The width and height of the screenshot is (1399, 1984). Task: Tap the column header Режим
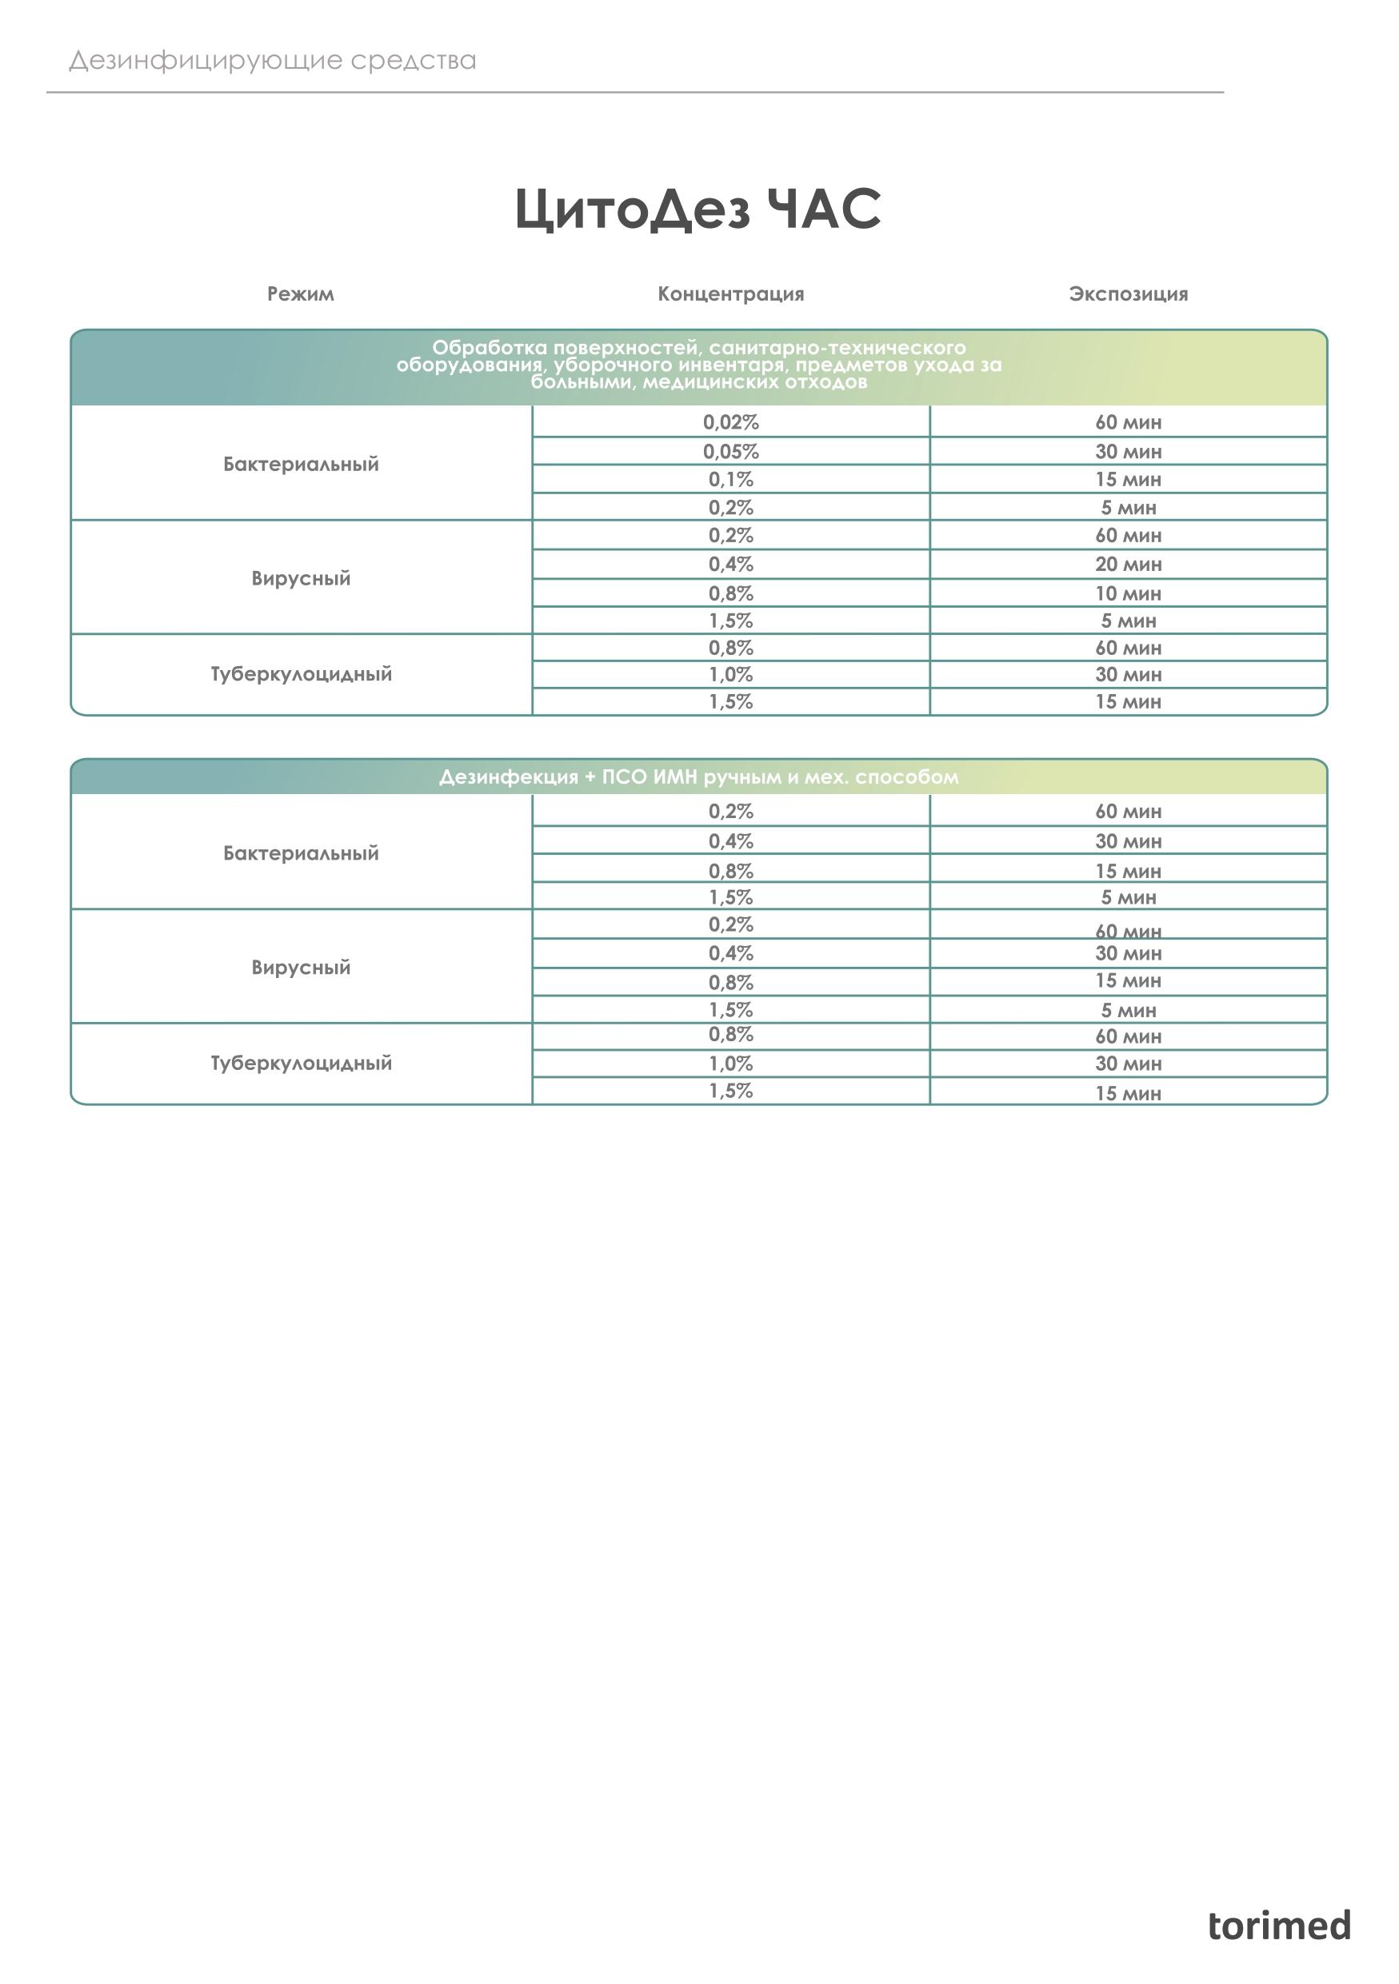click(300, 293)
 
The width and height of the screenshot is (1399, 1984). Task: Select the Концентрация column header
click(730, 293)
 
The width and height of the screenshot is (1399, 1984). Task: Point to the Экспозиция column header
click(1128, 293)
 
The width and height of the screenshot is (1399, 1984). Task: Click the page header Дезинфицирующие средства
click(272, 61)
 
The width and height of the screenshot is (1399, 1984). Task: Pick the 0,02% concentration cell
click(730, 422)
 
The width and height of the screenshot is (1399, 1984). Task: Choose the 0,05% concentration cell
click(730, 451)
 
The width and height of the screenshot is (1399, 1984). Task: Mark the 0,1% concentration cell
click(730, 479)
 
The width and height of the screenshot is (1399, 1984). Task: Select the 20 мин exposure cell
click(1128, 565)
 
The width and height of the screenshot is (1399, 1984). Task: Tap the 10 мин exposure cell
click(1128, 593)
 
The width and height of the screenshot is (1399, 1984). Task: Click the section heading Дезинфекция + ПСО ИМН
click(698, 776)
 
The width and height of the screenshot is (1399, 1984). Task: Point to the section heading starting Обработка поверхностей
click(698, 365)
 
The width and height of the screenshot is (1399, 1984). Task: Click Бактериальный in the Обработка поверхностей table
click(301, 464)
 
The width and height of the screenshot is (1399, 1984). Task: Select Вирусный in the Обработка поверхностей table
click(301, 578)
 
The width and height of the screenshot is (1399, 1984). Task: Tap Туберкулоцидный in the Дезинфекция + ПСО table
click(301, 1063)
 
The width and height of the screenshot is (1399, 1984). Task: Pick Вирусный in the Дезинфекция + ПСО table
click(301, 967)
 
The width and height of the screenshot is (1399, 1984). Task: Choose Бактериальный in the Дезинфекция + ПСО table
click(301, 853)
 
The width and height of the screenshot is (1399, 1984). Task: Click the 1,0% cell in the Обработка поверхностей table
click(730, 674)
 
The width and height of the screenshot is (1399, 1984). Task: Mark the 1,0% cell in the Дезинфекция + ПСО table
click(730, 1063)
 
